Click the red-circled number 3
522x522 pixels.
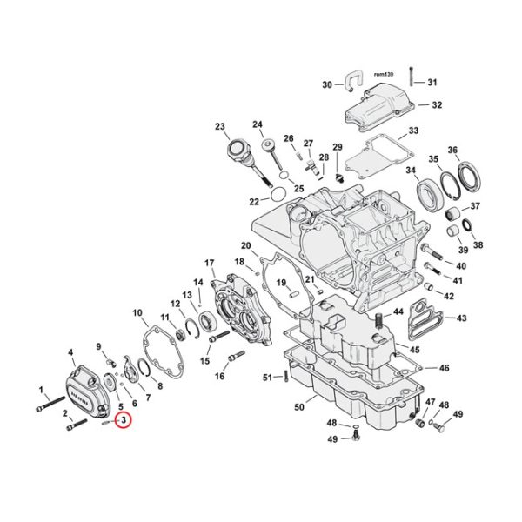click(x=124, y=421)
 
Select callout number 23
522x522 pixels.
click(x=219, y=126)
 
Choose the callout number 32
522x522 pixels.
click(x=437, y=104)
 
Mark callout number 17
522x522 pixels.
click(x=210, y=263)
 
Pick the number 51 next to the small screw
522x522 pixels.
click(x=267, y=377)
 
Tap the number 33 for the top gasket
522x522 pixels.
click(x=413, y=130)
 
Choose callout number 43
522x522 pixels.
click(x=461, y=318)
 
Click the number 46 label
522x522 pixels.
click(x=444, y=369)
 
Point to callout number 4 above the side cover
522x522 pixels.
click(x=70, y=351)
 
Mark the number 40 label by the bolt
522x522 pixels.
click(x=461, y=264)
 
